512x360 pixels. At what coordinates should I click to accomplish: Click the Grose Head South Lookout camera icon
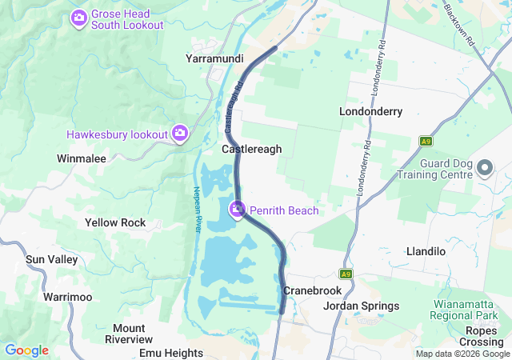coord(79,18)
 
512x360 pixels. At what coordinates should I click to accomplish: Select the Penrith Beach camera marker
coord(238,210)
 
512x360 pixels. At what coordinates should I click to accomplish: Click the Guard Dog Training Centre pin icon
coord(484,168)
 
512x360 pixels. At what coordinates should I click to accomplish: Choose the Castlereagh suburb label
coord(251,149)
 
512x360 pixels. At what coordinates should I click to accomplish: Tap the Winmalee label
coord(82,158)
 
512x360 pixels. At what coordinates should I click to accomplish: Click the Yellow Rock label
coord(115,222)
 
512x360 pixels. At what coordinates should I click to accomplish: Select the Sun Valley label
coord(52,260)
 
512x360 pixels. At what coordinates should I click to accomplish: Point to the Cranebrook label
coord(312,290)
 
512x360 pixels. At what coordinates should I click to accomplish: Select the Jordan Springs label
coord(361,306)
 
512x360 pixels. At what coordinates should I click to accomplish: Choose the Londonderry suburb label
coord(370,111)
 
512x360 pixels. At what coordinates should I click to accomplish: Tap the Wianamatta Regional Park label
coord(466,310)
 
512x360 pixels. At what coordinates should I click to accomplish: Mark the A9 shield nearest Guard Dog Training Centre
coord(426,141)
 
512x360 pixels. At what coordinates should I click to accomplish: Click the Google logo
coord(26,350)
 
